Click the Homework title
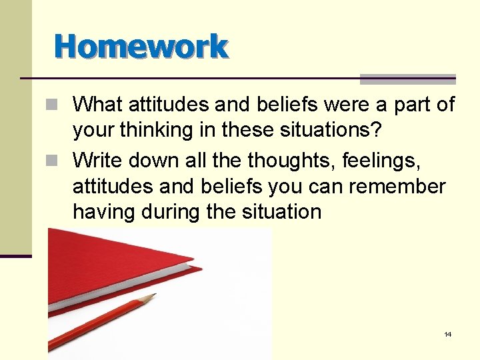141,47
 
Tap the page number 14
447,334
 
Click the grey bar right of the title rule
408,79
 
